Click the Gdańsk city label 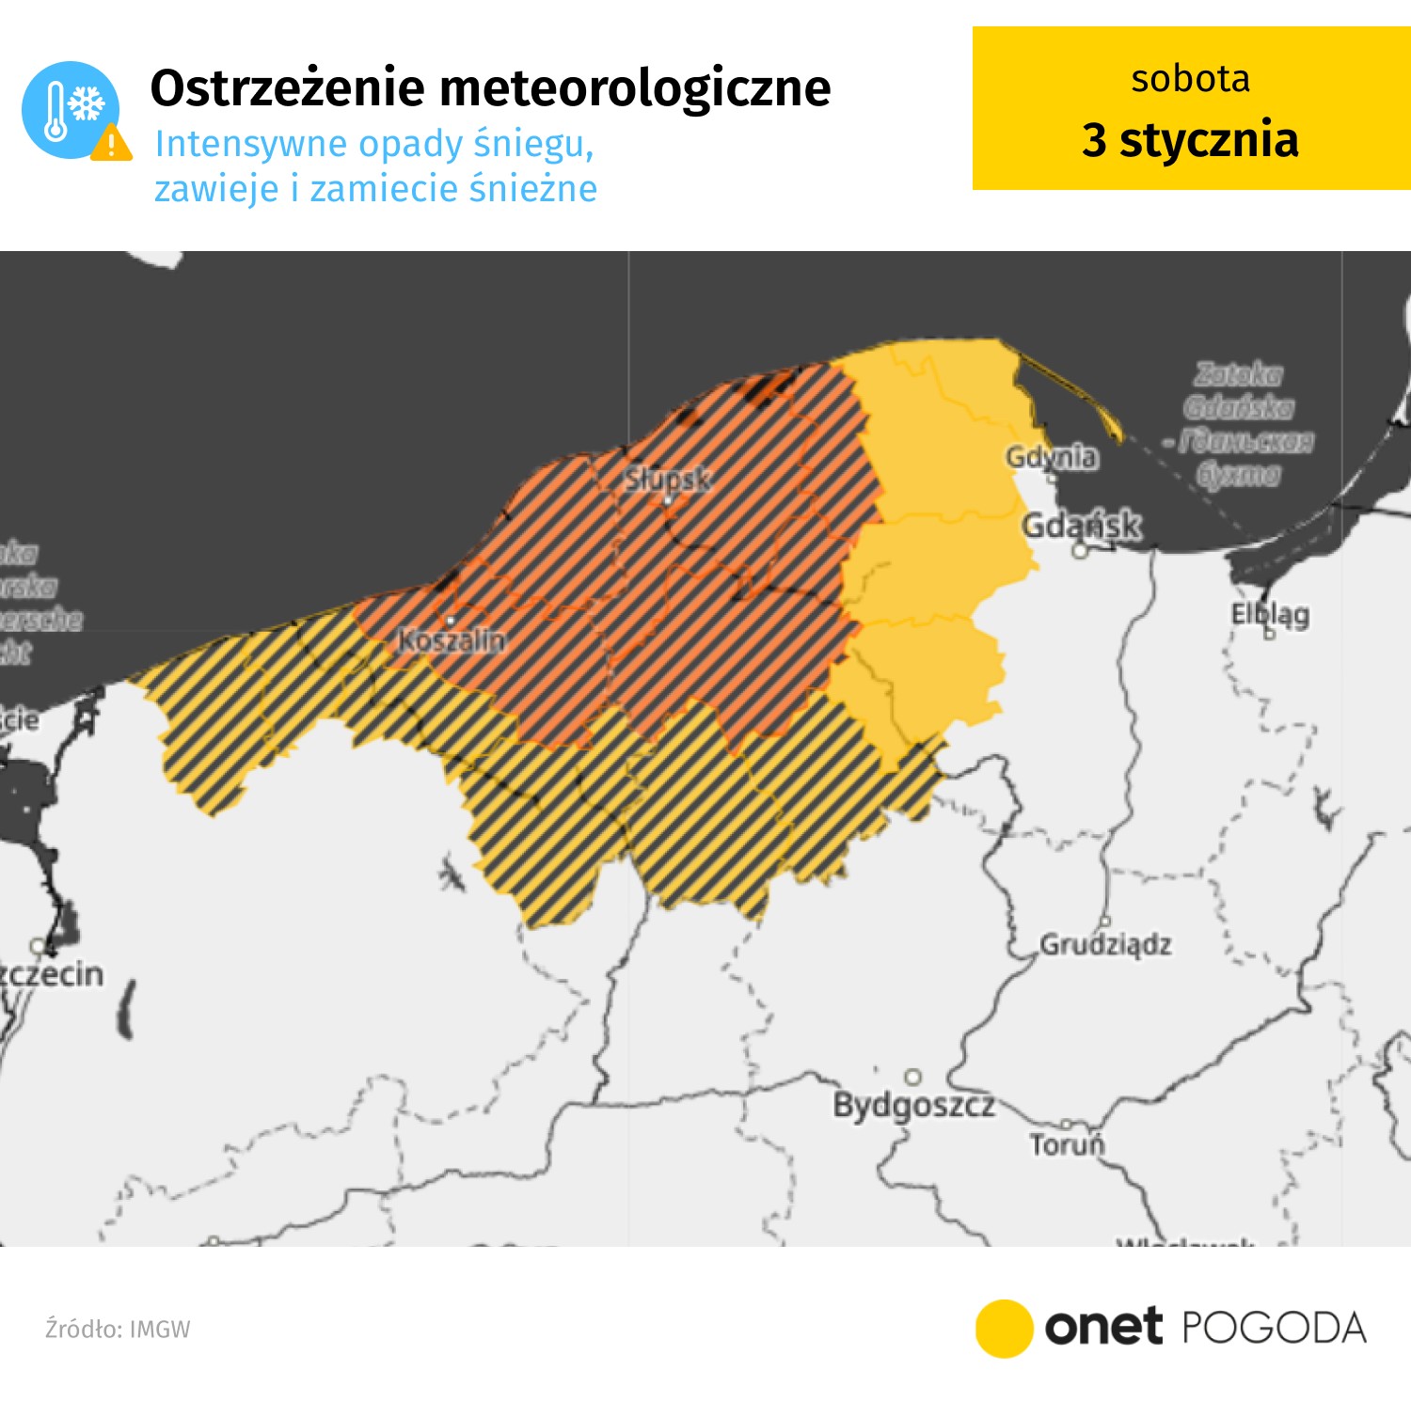pos(1082,525)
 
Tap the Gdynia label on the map pos(1051,457)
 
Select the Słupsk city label pos(668,480)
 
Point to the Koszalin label pos(452,640)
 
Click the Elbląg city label pos(1270,614)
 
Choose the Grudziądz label pos(1105,944)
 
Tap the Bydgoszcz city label pos(913,1105)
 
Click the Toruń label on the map pos(1067,1144)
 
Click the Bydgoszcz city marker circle pos(912,1077)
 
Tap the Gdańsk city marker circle pos(1081,551)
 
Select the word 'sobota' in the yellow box pos(1190,79)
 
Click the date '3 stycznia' pos(1190,139)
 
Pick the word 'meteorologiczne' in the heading pos(635,88)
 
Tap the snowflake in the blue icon pos(87,103)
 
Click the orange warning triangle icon pos(112,143)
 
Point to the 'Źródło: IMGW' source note pos(118,1329)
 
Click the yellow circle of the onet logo pos(1004,1329)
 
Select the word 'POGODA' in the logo pos(1273,1329)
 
